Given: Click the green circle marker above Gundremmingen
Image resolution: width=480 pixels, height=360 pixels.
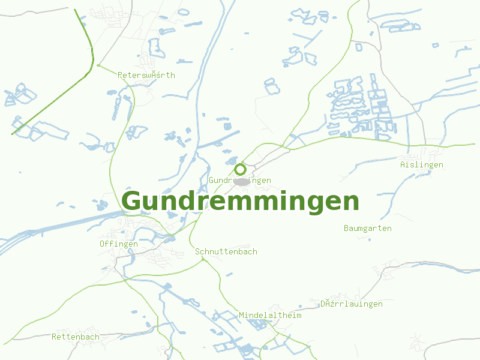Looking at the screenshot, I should coord(240,169).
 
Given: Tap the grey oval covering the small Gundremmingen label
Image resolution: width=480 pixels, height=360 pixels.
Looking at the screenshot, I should coord(242,181).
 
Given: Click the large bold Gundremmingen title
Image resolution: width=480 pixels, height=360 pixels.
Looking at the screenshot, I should coord(240,202).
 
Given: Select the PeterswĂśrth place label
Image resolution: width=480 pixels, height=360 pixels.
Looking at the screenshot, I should coord(146,75).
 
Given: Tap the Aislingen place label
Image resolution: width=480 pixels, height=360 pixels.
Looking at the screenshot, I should coord(421,164).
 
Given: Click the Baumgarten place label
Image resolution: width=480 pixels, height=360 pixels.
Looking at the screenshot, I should coord(367,228).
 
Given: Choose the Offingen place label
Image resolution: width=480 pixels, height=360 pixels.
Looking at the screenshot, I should coord(118,244).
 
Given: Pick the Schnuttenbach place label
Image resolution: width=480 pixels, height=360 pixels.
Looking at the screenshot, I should coord(226,251).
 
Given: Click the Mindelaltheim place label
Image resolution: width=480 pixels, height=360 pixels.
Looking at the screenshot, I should coord(269,315).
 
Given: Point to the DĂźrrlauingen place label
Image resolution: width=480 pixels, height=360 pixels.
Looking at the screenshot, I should coord(351,304).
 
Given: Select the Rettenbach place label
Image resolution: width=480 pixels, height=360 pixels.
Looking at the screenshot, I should coord(75,337).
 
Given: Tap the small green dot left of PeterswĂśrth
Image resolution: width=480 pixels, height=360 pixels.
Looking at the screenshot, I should coord(97,65).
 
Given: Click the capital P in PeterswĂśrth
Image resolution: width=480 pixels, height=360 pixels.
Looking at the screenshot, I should coord(121,75).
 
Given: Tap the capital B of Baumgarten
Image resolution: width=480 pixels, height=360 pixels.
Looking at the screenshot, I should coord(346,228).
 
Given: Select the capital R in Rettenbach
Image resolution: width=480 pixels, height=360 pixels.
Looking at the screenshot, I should coord(54,337).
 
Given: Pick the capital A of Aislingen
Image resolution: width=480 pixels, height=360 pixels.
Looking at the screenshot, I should coord(403,164).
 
